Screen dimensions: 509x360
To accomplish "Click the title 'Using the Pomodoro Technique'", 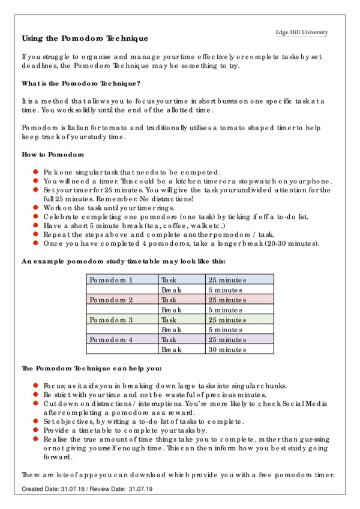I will [85, 38].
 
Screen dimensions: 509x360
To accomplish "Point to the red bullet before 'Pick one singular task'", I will [36, 171].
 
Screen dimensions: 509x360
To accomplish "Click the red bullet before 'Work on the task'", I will [36, 207].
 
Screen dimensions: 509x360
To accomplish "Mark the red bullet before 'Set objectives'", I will [36, 421].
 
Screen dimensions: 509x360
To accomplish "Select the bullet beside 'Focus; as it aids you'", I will [36, 385].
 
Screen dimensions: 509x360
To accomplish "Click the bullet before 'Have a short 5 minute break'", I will [36, 225].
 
